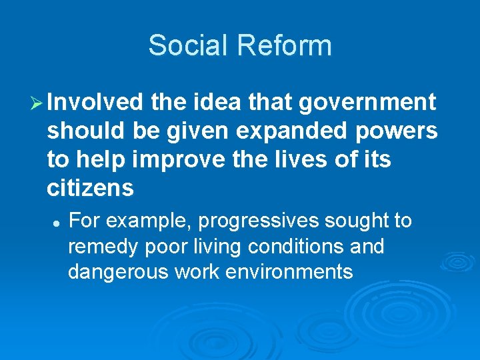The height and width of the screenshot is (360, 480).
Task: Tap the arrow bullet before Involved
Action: pos(37,103)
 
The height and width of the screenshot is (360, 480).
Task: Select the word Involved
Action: pos(95,102)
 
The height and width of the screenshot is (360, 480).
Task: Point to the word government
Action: pos(367,102)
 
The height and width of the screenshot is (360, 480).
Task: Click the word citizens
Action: pos(90,189)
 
